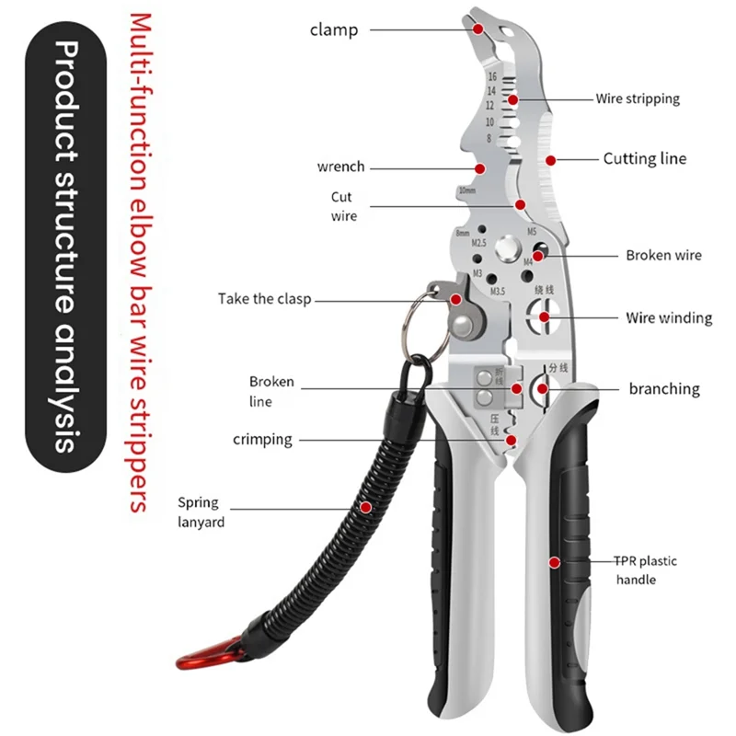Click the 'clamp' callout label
coord(332,29)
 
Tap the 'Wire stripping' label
coord(637,98)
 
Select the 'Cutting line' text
coord(644,158)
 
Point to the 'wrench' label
coord(340,167)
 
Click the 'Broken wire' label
coord(663,255)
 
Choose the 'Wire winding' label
coord(669,317)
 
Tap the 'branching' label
coord(664,388)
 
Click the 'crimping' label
coord(262,440)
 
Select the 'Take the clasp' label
coord(265,299)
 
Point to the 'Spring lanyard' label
coord(200,512)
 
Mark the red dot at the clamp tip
coord(478,28)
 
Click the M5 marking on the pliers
coord(531,231)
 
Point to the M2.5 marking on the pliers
coord(478,244)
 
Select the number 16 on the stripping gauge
coord(492,77)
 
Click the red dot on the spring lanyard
coord(366,506)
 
